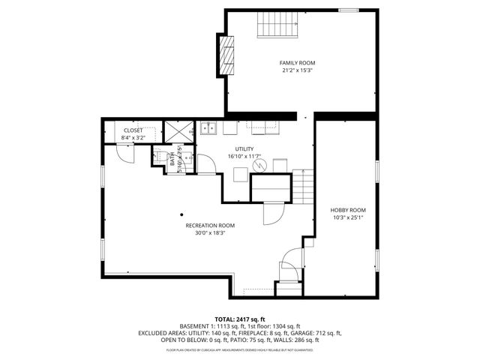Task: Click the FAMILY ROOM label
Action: click(297, 63)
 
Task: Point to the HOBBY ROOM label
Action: click(348, 210)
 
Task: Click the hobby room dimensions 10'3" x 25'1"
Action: click(348, 217)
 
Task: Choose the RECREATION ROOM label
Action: click(210, 225)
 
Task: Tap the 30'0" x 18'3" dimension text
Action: click(210, 232)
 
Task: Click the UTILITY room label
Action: click(244, 149)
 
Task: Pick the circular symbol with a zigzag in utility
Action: click(259, 164)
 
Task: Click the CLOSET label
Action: click(133, 130)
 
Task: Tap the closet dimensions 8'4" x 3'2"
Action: click(133, 138)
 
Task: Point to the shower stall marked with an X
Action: click(178, 131)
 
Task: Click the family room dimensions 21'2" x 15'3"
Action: click(297, 70)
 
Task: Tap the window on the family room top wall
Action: click(349, 10)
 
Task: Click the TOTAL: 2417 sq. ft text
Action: click(240, 319)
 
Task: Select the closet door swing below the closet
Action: click(124, 154)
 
